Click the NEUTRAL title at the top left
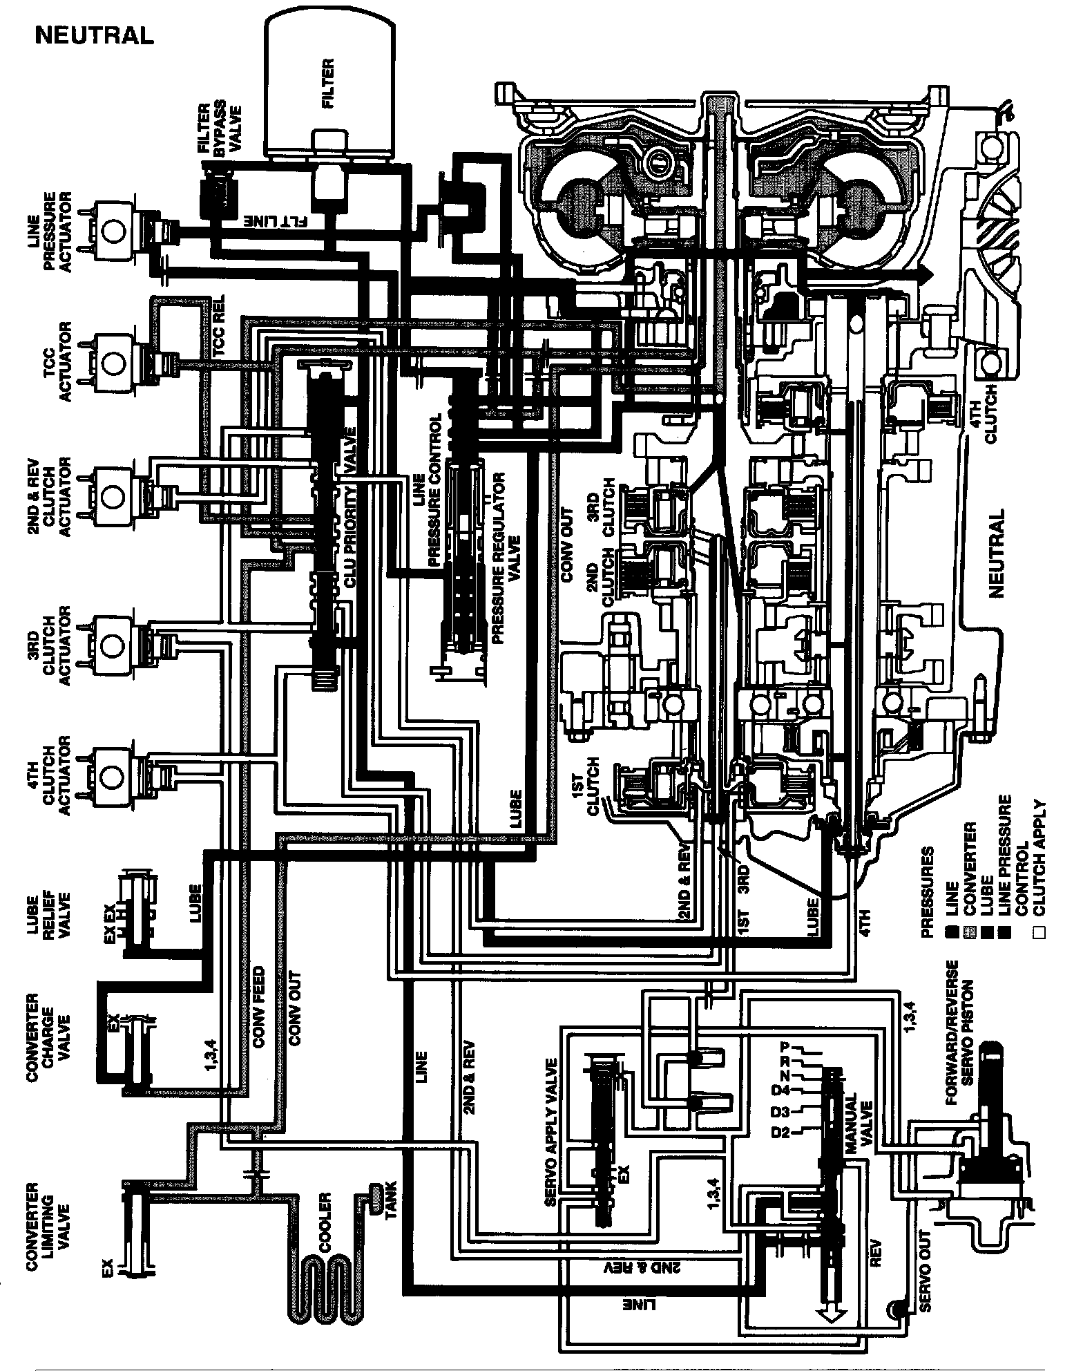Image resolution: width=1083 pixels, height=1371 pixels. point(95,35)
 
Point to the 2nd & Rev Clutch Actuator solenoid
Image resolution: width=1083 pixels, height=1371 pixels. point(113,492)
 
